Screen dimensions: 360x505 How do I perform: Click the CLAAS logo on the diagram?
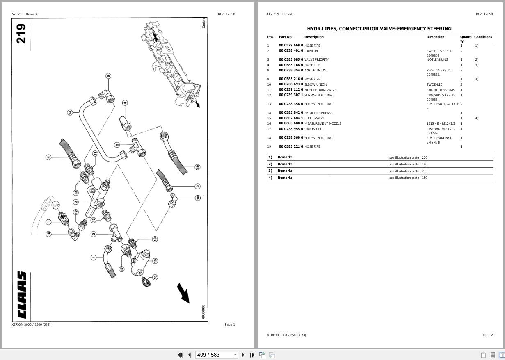click(x=22, y=295)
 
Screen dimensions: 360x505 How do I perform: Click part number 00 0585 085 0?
click(x=291, y=59)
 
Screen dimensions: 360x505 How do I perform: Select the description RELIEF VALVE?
click(x=314, y=118)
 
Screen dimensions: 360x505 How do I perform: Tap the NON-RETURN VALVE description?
click(x=320, y=90)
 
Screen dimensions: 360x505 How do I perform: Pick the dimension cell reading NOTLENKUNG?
click(x=437, y=59)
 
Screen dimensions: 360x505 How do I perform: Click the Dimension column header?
click(x=435, y=37)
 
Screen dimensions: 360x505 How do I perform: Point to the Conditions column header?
click(x=483, y=37)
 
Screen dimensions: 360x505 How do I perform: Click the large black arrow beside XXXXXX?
click(x=183, y=293)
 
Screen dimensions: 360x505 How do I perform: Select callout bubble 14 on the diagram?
click(x=70, y=112)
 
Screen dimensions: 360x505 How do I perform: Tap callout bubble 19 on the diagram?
click(x=197, y=167)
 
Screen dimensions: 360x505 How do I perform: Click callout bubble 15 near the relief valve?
click(x=155, y=261)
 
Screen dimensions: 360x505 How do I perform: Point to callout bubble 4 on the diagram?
click(x=48, y=157)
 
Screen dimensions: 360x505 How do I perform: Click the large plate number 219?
click(x=21, y=34)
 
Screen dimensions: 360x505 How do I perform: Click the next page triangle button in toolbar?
click(x=243, y=355)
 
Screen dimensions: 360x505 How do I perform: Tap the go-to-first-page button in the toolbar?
click(x=180, y=355)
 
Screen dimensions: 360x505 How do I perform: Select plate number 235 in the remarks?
click(x=424, y=171)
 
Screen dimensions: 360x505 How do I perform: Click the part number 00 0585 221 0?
click(x=291, y=146)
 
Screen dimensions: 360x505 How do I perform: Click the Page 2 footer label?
click(x=487, y=335)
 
